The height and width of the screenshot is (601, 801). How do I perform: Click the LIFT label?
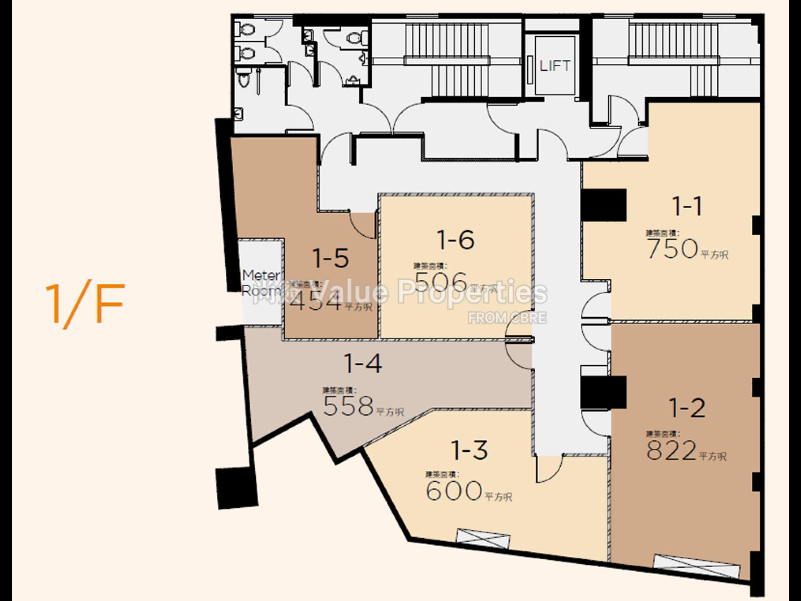pyautogui.click(x=554, y=66)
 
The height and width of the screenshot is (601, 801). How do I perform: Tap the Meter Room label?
pyautogui.click(x=262, y=283)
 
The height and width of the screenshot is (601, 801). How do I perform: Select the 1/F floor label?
pyautogui.click(x=85, y=304)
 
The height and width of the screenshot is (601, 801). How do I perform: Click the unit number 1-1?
pyautogui.click(x=687, y=206)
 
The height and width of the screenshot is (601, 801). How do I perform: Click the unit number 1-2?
pyautogui.click(x=687, y=408)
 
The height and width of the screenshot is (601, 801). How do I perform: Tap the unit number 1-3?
pyautogui.click(x=469, y=450)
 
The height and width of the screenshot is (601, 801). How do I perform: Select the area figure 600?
pyautogui.click(x=454, y=491)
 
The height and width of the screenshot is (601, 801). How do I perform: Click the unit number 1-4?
pyautogui.click(x=363, y=364)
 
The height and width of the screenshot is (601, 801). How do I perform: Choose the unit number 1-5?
pyautogui.click(x=330, y=258)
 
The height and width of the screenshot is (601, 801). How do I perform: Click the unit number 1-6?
pyautogui.click(x=456, y=240)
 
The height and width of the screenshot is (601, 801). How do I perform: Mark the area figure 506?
pyautogui.click(x=441, y=282)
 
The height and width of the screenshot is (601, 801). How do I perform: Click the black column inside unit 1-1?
pyautogui.click(x=604, y=205)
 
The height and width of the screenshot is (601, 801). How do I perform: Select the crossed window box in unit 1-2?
pyautogui.click(x=696, y=566)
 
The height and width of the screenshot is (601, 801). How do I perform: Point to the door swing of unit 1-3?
pyautogui.click(x=549, y=469)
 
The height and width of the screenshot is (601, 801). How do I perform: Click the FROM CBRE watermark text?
pyautogui.click(x=506, y=318)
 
